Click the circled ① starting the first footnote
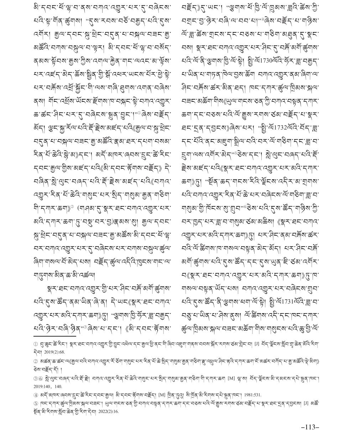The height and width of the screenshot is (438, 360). [36, 344]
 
